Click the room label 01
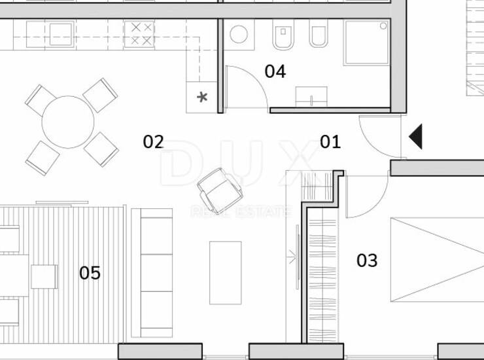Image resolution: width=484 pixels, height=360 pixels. pyautogui.click(x=330, y=142)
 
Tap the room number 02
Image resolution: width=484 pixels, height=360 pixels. pyautogui.click(x=153, y=142)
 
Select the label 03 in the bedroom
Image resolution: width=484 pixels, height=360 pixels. pyautogui.click(x=367, y=261)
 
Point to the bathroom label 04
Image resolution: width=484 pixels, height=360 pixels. pyautogui.click(x=275, y=71)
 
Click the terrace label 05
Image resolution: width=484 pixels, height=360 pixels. pyautogui.click(x=90, y=273)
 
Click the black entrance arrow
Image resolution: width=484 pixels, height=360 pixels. pyautogui.click(x=415, y=137)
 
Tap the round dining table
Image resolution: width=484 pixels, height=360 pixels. pyautogui.click(x=68, y=122)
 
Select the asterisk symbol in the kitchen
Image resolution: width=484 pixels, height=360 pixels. pyautogui.click(x=202, y=98)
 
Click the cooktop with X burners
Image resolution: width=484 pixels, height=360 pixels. pyautogui.click(x=139, y=34)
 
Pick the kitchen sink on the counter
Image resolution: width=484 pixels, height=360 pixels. pyautogui.click(x=60, y=34)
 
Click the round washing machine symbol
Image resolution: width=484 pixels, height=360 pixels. pyautogui.click(x=239, y=34)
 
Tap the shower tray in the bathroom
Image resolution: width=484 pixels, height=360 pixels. pyautogui.click(x=367, y=43)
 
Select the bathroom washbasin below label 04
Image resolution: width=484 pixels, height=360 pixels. pyautogui.click(x=311, y=97)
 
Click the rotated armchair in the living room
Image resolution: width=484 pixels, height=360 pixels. pyautogui.click(x=220, y=190)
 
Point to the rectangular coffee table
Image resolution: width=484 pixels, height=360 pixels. pyautogui.click(x=226, y=273)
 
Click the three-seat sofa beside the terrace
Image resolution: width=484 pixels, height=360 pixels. pyautogui.click(x=152, y=273)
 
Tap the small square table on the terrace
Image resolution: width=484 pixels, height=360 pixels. pyautogui.click(x=44, y=277)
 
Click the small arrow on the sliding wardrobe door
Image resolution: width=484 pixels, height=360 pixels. pyautogui.click(x=292, y=256)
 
